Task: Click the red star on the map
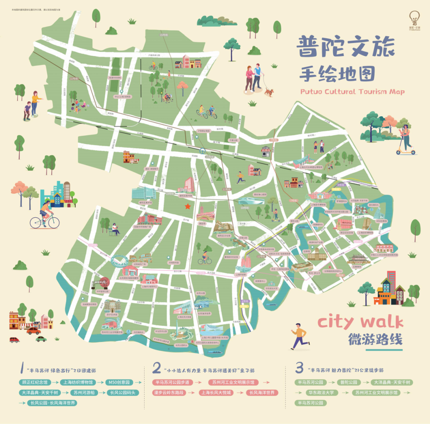[188, 206]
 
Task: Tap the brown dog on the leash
[270, 92]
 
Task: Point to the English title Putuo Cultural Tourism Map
[352, 92]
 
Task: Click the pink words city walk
[360, 322]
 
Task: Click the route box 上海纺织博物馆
[78, 382]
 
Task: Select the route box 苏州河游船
[83, 393]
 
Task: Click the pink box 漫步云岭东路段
[172, 393]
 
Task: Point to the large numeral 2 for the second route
[157, 368]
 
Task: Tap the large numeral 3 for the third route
[299, 368]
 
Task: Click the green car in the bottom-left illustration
[41, 339]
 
